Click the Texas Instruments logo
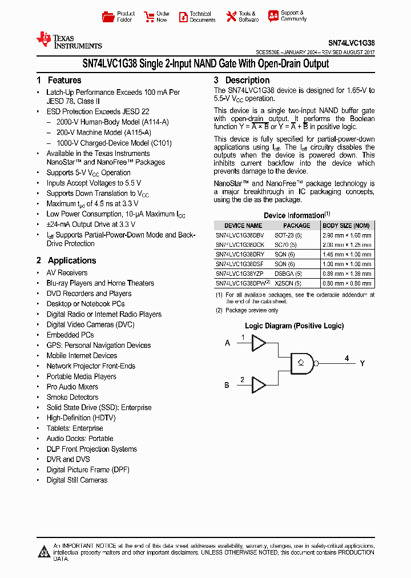68,40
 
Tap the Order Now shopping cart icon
149,17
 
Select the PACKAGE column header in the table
297,226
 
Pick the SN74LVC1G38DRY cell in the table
240,254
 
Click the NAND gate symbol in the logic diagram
303,363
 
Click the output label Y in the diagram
362,363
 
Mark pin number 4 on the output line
346,358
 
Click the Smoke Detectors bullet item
72,397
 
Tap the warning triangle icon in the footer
44,551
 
